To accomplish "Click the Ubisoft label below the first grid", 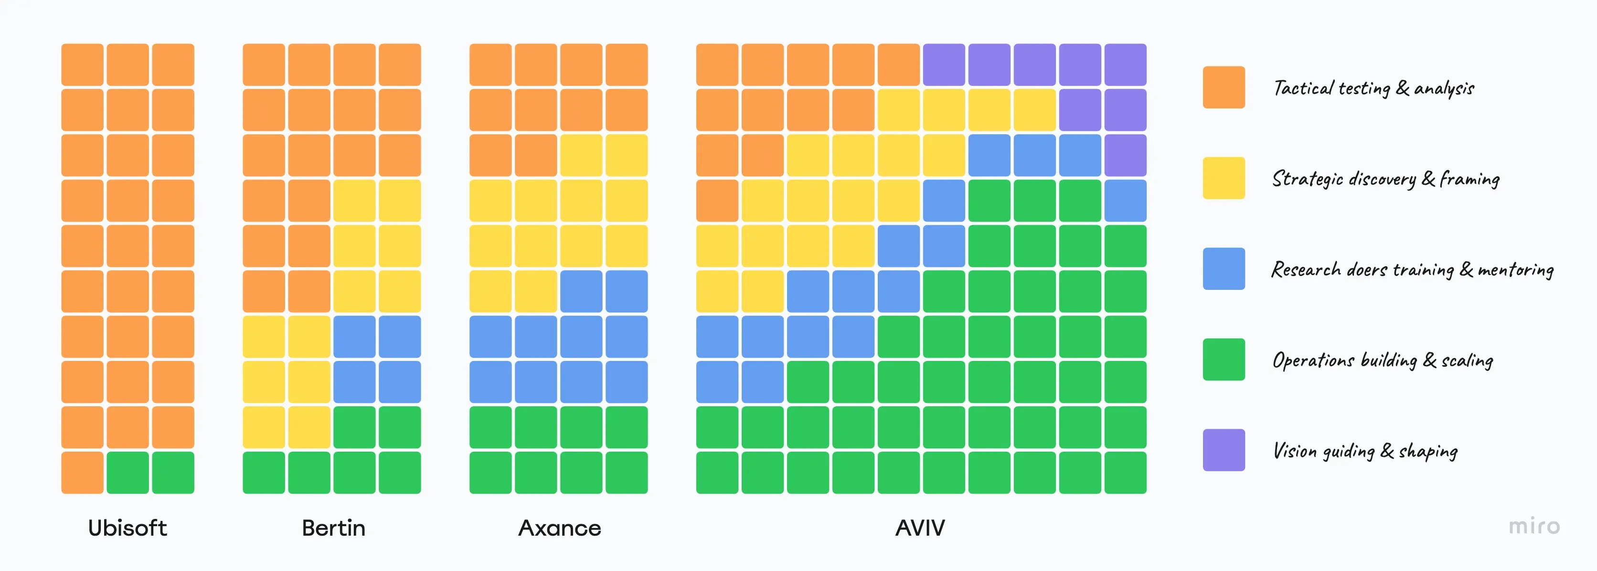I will click(x=127, y=528).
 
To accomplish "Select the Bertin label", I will click(x=333, y=528).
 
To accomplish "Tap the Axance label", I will click(x=559, y=528).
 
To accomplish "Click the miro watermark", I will click(x=1534, y=526).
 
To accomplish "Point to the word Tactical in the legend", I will click(x=1302, y=88).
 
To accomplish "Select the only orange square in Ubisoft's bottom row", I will click(x=83, y=473).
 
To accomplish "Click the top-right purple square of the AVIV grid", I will click(x=1125, y=64).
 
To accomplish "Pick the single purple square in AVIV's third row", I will click(x=1125, y=155).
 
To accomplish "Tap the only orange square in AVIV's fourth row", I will click(x=717, y=200).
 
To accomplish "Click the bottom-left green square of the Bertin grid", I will click(x=264, y=473).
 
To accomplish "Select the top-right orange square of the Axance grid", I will click(x=626, y=64).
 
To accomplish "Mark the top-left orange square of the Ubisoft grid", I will click(x=83, y=64).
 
